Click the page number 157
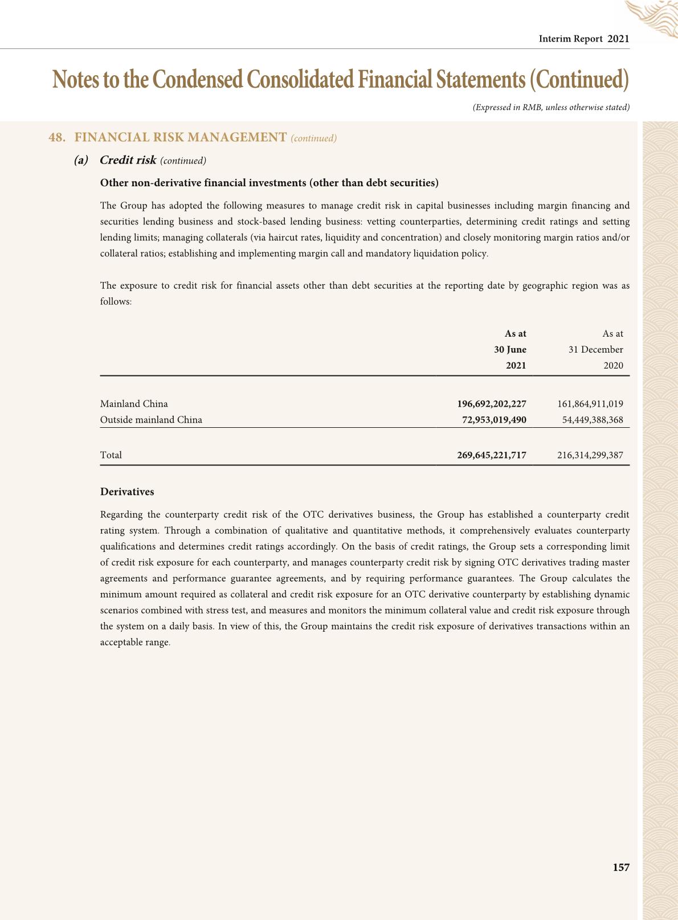click(620, 868)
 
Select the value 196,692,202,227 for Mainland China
click(491, 404)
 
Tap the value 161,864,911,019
click(590, 404)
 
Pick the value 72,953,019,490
click(493, 420)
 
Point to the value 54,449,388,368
click(592, 420)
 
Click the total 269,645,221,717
click(491, 455)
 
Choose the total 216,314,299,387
click(590, 455)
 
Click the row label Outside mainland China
click(151, 420)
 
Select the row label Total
click(111, 455)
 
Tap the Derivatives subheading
click(127, 492)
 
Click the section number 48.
click(56, 138)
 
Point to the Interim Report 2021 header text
click(584, 39)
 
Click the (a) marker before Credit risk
click(81, 160)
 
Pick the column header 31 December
click(595, 350)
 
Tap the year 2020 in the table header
click(613, 366)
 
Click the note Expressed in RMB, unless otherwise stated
click(551, 107)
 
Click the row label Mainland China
click(134, 404)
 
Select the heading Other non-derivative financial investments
click(269, 183)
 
